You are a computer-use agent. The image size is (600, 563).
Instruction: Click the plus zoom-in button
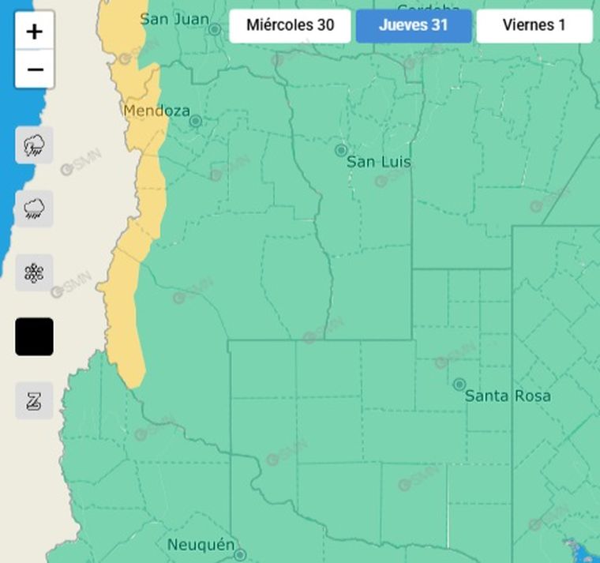(x=34, y=32)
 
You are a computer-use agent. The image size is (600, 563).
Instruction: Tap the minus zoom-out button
(x=34, y=69)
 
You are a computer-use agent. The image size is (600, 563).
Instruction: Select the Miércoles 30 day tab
(x=290, y=25)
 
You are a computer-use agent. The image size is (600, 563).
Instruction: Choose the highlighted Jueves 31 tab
(x=414, y=25)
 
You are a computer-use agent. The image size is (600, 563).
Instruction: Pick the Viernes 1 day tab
(x=534, y=25)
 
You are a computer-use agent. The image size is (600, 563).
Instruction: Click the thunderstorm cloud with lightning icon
(x=34, y=145)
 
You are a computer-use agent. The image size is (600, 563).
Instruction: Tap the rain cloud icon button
(x=34, y=209)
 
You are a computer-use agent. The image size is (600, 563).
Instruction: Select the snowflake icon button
(x=34, y=273)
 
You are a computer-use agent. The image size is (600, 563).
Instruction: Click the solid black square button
(x=34, y=337)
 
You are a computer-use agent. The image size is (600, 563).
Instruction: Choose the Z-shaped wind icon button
(x=34, y=401)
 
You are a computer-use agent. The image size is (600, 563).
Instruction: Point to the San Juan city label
(x=174, y=19)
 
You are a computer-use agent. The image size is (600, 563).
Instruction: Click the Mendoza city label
(x=156, y=111)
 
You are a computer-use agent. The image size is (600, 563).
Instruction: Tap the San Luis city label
(x=379, y=162)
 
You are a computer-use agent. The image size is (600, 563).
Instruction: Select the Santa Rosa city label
(x=508, y=396)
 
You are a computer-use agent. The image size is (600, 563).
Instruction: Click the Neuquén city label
(x=201, y=545)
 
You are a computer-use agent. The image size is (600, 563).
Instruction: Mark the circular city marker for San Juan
(x=215, y=29)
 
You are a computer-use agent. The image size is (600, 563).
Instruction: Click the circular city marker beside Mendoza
(x=195, y=121)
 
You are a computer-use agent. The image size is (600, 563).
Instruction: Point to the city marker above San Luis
(x=341, y=150)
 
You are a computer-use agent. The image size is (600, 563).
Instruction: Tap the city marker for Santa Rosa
(x=459, y=385)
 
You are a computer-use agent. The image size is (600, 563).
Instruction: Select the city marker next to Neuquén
(x=240, y=555)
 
